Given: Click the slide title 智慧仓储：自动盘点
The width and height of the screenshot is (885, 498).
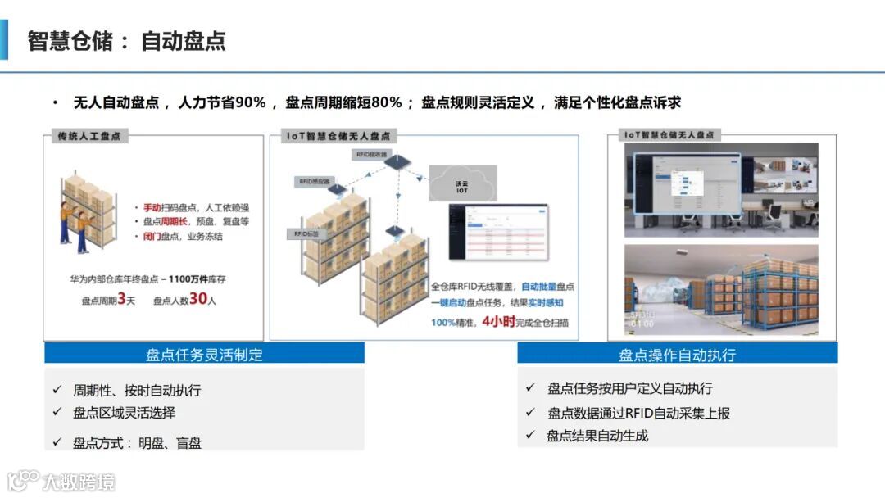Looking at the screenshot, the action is click(126, 41).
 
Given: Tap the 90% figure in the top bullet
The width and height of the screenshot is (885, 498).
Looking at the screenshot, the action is click(251, 102).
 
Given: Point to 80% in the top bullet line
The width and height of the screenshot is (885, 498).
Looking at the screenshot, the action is click(387, 102).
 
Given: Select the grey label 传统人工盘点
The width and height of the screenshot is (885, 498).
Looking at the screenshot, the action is click(89, 135).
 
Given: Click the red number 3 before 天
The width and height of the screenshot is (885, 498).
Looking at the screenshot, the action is click(121, 300).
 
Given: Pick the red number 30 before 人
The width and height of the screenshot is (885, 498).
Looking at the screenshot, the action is click(197, 300).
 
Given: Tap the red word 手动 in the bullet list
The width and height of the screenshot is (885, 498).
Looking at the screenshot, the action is click(152, 207).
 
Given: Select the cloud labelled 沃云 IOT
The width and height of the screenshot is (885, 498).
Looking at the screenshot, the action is click(462, 184).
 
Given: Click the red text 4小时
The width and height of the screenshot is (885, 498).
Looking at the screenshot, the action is click(498, 321).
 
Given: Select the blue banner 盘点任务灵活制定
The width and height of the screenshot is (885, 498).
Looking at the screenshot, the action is click(204, 354).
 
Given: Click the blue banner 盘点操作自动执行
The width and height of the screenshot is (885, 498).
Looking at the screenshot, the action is click(677, 354).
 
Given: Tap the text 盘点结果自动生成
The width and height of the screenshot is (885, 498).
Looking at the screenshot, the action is click(597, 436).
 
